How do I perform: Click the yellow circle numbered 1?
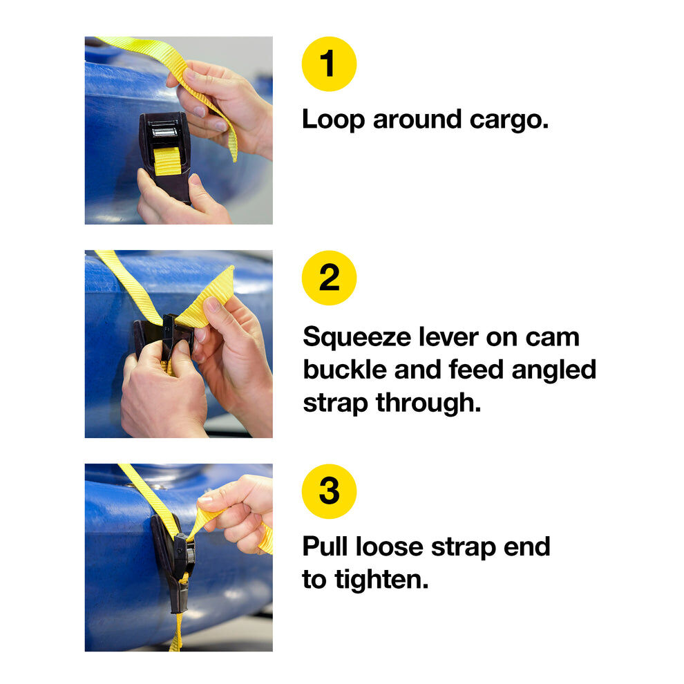329,64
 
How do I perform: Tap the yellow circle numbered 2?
329,278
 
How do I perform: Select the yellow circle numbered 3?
329,491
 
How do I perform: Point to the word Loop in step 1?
333,120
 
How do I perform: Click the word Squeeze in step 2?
357,337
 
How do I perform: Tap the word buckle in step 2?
345,370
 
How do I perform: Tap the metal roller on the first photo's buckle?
165,131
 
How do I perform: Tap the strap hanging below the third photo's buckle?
177,632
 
